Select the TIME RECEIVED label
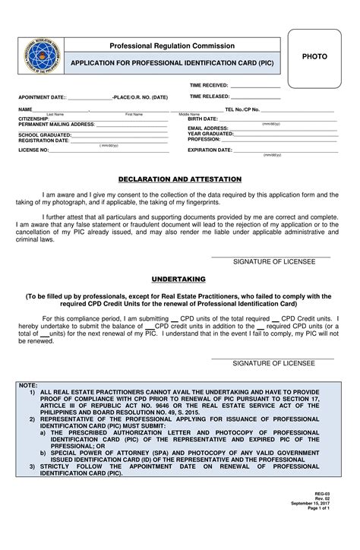click(209, 86)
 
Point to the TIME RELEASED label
click(209, 97)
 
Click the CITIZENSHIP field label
click(34, 119)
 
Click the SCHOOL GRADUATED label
click(45, 134)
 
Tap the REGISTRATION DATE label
click(43, 140)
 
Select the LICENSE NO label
click(33, 150)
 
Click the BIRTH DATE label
click(203, 119)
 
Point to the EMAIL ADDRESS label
click(208, 128)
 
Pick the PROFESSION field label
click(204, 139)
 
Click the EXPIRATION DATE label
click(210, 150)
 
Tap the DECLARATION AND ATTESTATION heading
click(179, 179)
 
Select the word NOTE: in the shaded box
click(27, 385)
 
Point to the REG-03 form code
click(324, 514)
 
